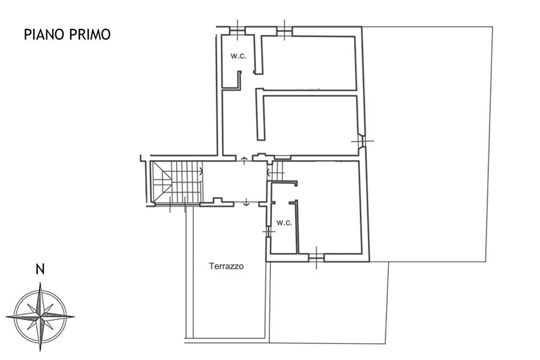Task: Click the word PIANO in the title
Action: [44, 34]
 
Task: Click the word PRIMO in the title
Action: [90, 34]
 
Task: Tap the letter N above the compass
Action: [40, 269]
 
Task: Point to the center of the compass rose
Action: [40, 316]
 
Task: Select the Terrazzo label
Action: [226, 266]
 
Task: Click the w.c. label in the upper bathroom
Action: [238, 56]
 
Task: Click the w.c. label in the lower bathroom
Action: [284, 223]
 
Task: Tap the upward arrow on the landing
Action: [244, 161]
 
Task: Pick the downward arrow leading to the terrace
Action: [246, 202]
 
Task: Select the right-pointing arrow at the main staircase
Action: [201, 170]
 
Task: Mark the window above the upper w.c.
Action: [237, 31]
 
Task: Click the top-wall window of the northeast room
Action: [284, 31]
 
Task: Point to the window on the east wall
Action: [362, 141]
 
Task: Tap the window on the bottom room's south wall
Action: [316, 257]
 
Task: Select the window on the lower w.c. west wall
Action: [268, 231]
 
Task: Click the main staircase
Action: [177, 182]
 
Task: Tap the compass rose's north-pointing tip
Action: [40, 283]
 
